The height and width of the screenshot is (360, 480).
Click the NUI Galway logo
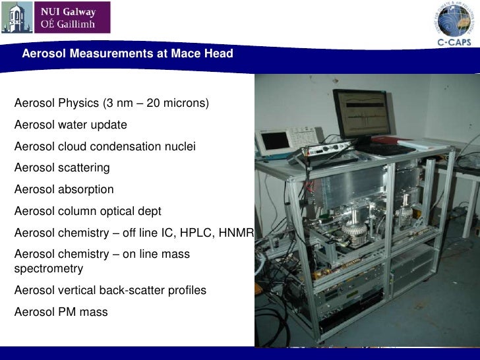coord(55,18)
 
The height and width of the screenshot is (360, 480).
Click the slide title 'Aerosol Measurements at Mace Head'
coord(127,53)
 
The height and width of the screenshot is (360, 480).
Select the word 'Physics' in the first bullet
coord(78,104)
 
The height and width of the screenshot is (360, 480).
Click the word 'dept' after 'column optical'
coord(149,211)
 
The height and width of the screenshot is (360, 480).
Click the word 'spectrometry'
coord(48,269)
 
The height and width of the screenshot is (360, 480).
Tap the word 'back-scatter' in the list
coord(138,290)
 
